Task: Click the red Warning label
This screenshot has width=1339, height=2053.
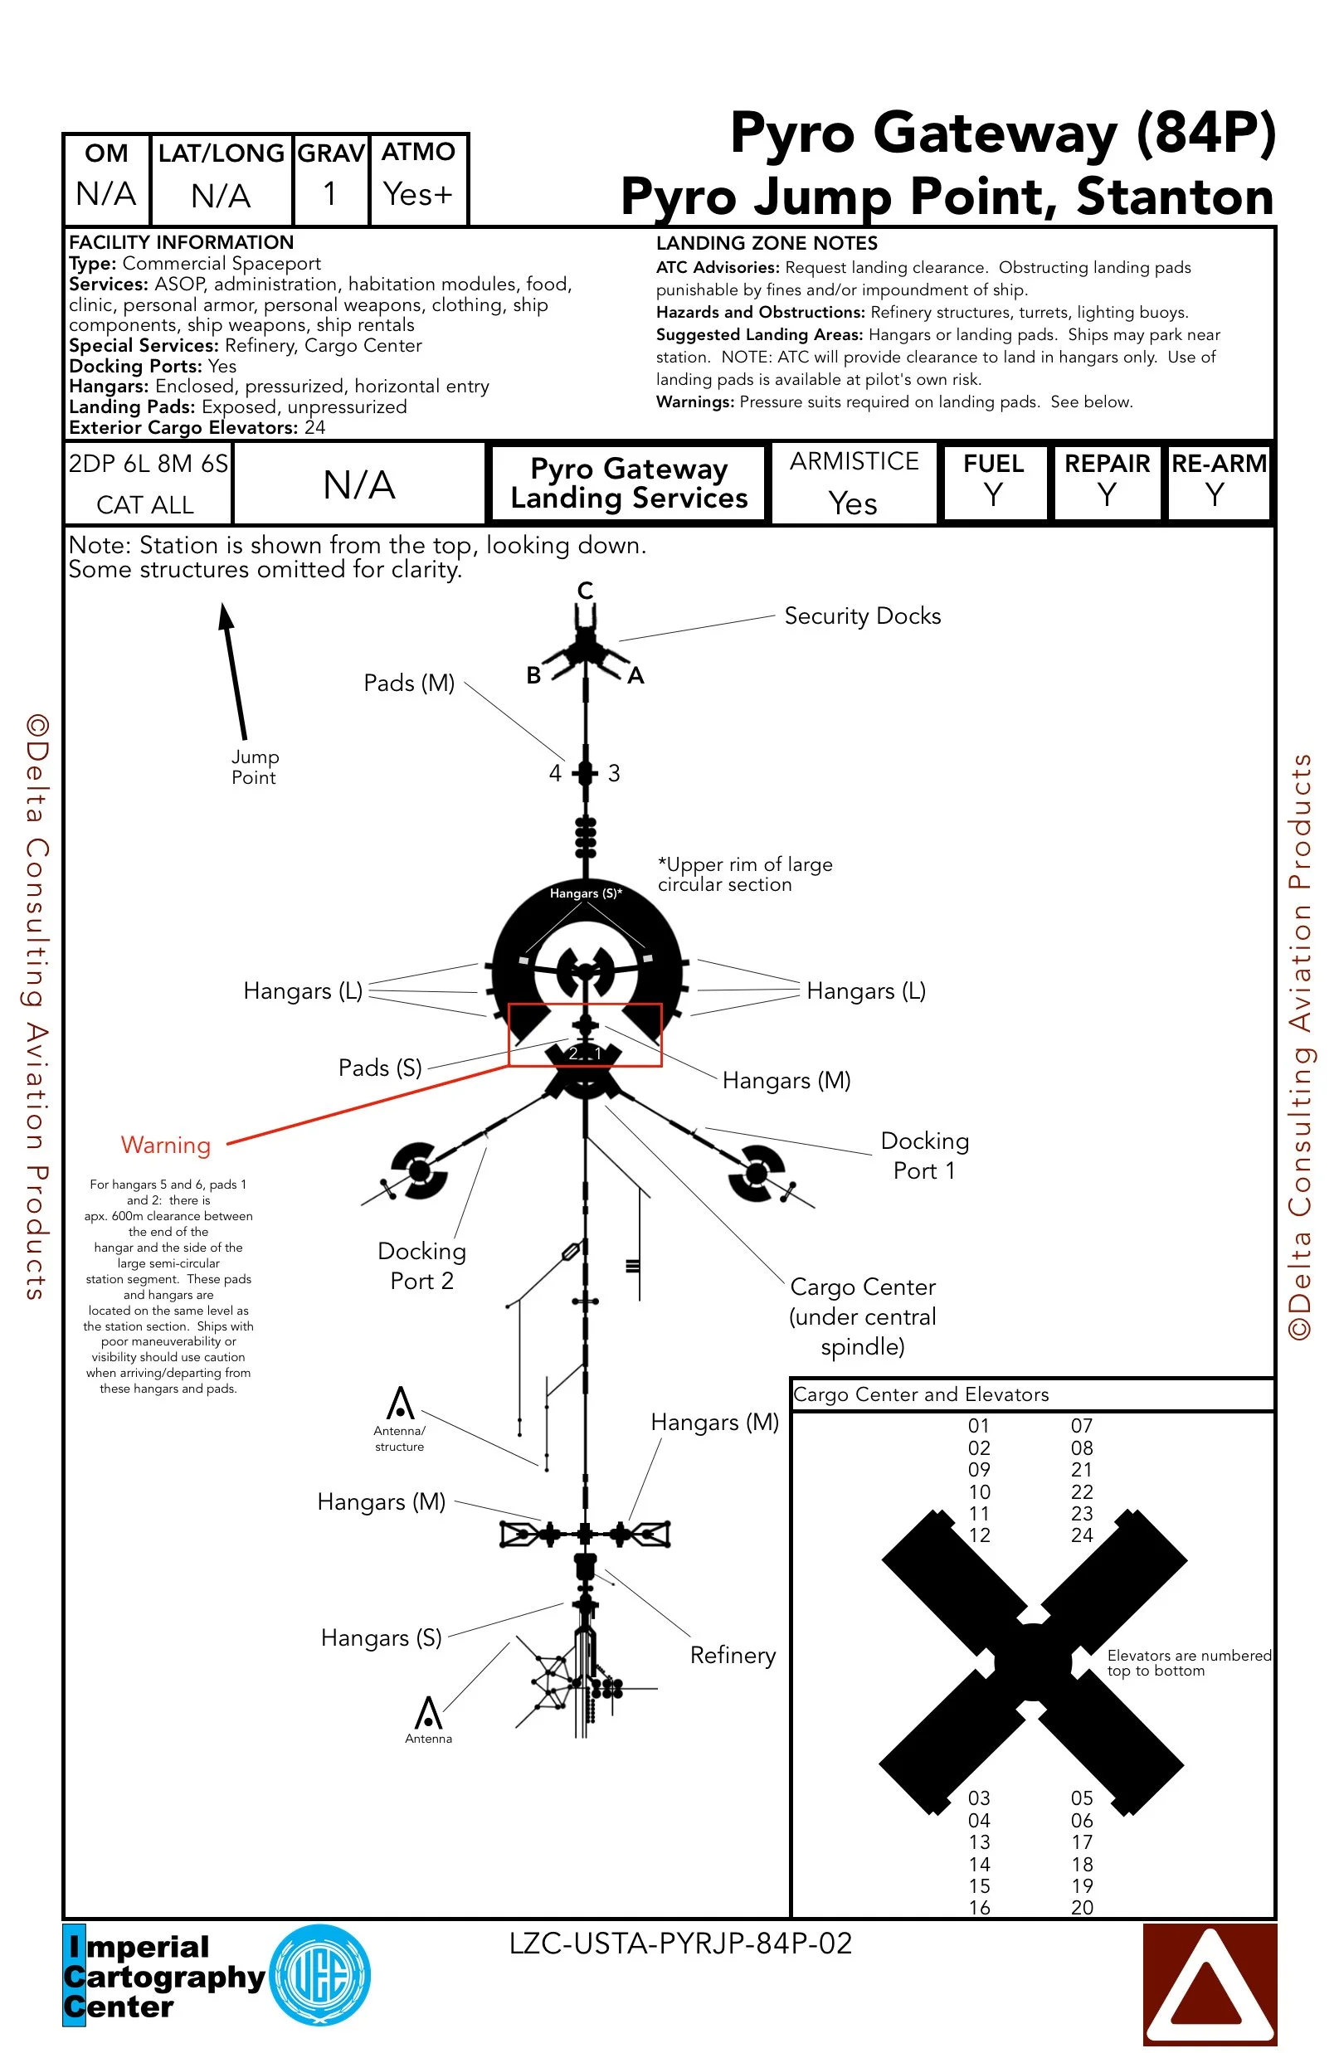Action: tap(166, 1145)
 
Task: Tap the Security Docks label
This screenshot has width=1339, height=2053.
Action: tap(862, 615)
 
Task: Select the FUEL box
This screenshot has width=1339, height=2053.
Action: tap(994, 481)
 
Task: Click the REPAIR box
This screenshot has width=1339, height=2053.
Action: tap(1107, 481)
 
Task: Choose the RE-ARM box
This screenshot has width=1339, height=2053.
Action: tap(1218, 481)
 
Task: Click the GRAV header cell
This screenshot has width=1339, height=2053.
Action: tap(330, 153)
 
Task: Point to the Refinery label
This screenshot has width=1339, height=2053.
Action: tap(733, 1655)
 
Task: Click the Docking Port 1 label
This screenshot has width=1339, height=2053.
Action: tap(924, 1155)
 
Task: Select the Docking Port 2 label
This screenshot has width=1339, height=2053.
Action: tap(422, 1266)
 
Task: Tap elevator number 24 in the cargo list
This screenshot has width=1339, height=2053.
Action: tap(1082, 1535)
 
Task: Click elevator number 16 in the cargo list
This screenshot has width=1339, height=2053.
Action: tap(979, 1907)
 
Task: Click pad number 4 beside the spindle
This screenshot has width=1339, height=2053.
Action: tap(556, 773)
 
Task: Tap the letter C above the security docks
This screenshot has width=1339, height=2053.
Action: tap(585, 591)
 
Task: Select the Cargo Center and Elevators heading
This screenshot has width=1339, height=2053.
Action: tap(921, 1395)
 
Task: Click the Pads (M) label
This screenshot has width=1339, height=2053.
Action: tap(409, 684)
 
